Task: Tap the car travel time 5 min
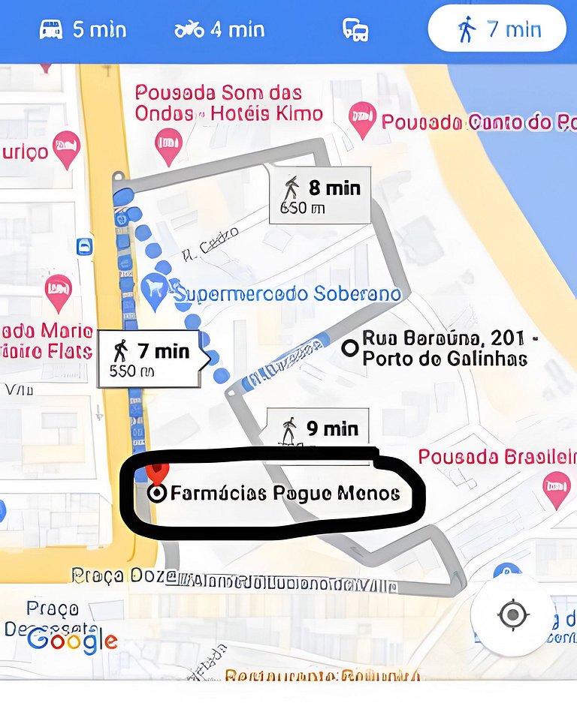pyautogui.click(x=83, y=30)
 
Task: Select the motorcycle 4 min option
pyautogui.click(x=219, y=30)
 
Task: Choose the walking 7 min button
pyautogui.click(x=497, y=30)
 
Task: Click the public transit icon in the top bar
pyautogui.click(x=355, y=30)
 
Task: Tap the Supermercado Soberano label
pyautogui.click(x=287, y=293)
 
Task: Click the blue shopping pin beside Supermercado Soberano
pyautogui.click(x=154, y=292)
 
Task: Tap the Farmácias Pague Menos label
pyautogui.click(x=285, y=493)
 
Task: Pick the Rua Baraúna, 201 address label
pyautogui.click(x=449, y=348)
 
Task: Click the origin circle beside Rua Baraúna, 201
pyautogui.click(x=349, y=347)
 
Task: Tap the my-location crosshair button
pyautogui.click(x=513, y=615)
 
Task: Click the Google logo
pyautogui.click(x=72, y=640)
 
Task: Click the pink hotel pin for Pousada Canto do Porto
pyautogui.click(x=362, y=119)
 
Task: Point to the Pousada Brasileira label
pyautogui.click(x=497, y=456)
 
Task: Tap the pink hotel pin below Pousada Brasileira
pyautogui.click(x=556, y=487)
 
